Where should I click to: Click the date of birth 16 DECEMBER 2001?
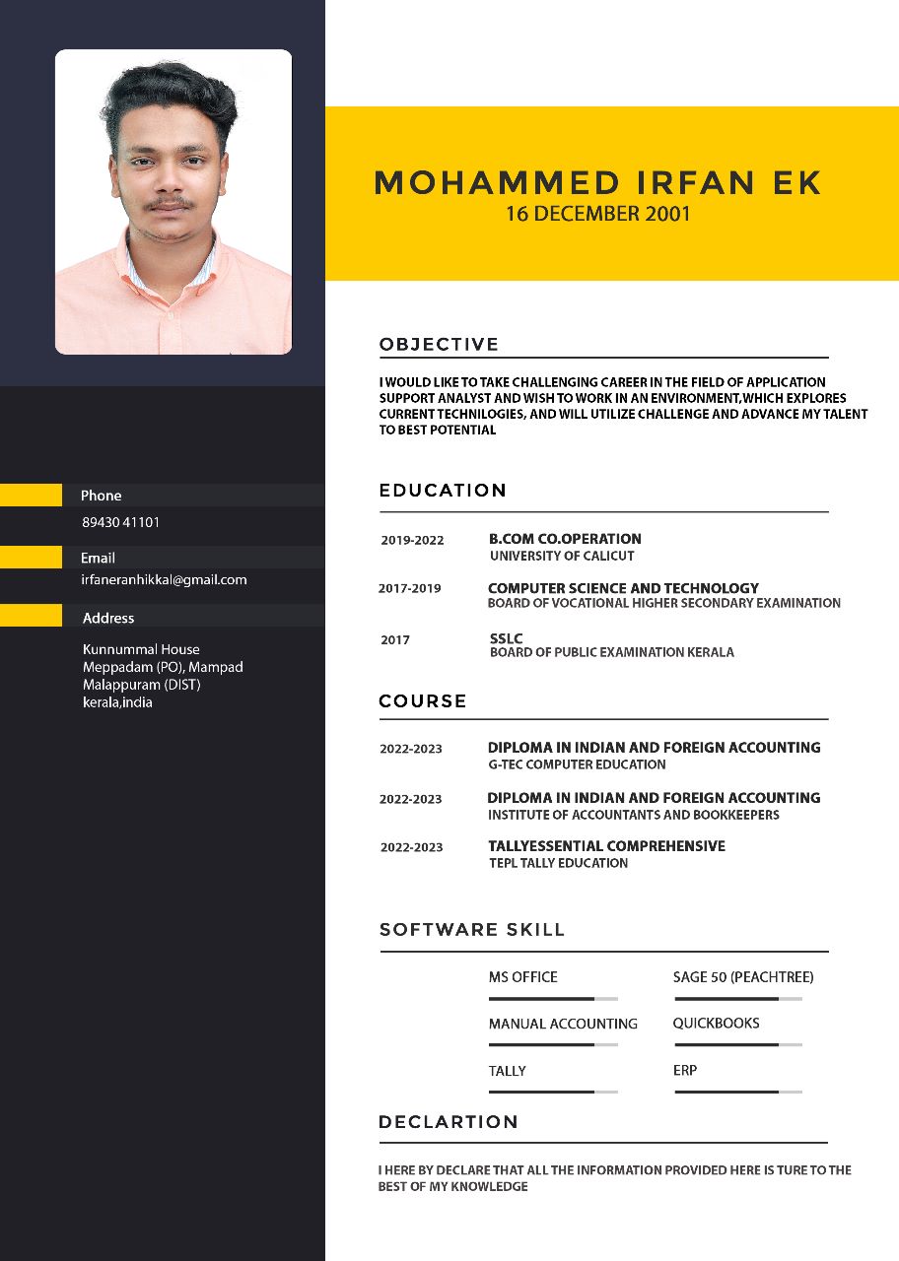[x=597, y=213]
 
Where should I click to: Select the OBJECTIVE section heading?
[x=439, y=344]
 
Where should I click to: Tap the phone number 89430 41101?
[x=120, y=522]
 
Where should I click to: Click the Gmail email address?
[x=164, y=580]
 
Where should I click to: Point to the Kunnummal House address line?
[x=141, y=649]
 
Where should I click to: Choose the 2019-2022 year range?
[x=412, y=540]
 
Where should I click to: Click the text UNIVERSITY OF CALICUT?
[x=562, y=556]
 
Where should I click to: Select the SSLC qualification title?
[x=506, y=638]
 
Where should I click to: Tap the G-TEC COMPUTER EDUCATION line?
[x=577, y=764]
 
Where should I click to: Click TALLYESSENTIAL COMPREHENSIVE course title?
[x=606, y=846]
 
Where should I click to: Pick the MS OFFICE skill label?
[x=522, y=977]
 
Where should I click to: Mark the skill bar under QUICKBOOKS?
[x=737, y=1044]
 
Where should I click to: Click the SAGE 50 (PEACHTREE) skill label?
[x=743, y=977]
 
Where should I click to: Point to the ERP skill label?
[x=685, y=1070]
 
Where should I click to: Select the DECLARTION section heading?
[x=448, y=1122]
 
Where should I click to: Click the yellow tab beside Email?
[x=31, y=558]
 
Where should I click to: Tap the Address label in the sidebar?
[x=108, y=618]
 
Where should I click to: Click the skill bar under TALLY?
[x=553, y=1092]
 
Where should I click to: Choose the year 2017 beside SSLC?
[x=395, y=640]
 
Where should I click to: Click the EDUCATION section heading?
[x=443, y=491]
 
